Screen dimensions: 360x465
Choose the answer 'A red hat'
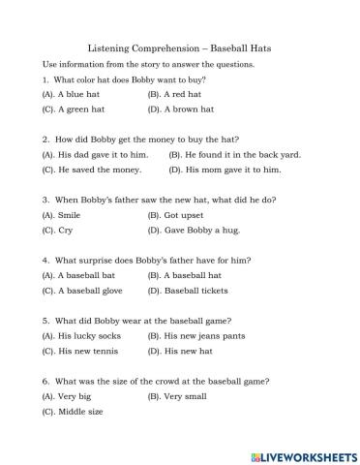tap(181, 94)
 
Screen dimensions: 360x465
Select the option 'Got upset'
tap(183, 214)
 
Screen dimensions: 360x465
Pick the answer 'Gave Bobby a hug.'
tap(201, 230)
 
